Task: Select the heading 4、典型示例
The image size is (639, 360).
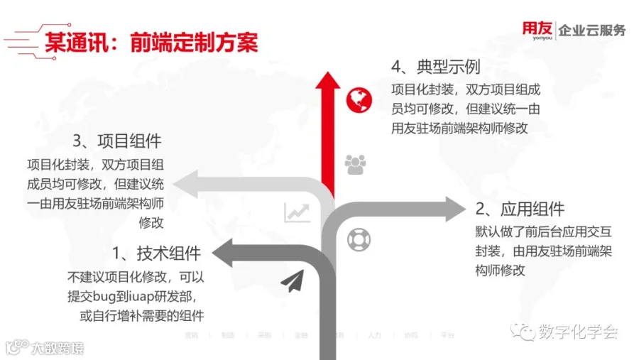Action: pos(435,67)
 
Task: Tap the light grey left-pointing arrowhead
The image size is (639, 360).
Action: pos(187,184)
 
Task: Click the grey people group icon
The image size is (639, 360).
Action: pos(354,165)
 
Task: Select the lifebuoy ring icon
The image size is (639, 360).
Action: pos(359,240)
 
